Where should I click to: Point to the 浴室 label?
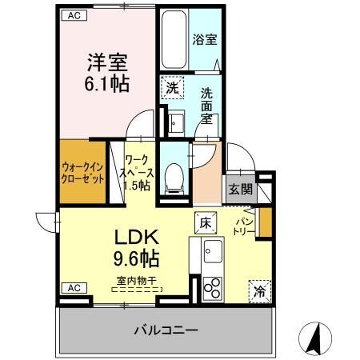pyautogui.click(x=205, y=38)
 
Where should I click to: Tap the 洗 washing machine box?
pyautogui.click(x=171, y=87)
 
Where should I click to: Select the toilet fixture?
pyautogui.click(x=172, y=174)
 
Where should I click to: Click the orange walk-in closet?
pyautogui.click(x=82, y=172)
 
